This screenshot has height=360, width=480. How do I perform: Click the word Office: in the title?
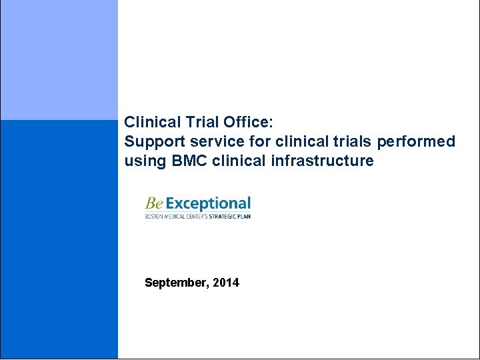(x=250, y=123)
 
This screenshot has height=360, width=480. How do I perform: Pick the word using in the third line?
(x=142, y=161)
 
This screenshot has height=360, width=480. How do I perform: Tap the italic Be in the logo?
(x=154, y=203)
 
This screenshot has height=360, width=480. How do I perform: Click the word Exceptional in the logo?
(x=208, y=203)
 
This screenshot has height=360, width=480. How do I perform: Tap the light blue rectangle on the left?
(x=59, y=60)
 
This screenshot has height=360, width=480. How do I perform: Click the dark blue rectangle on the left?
(x=59, y=240)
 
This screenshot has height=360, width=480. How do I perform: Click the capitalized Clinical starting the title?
(x=152, y=123)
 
